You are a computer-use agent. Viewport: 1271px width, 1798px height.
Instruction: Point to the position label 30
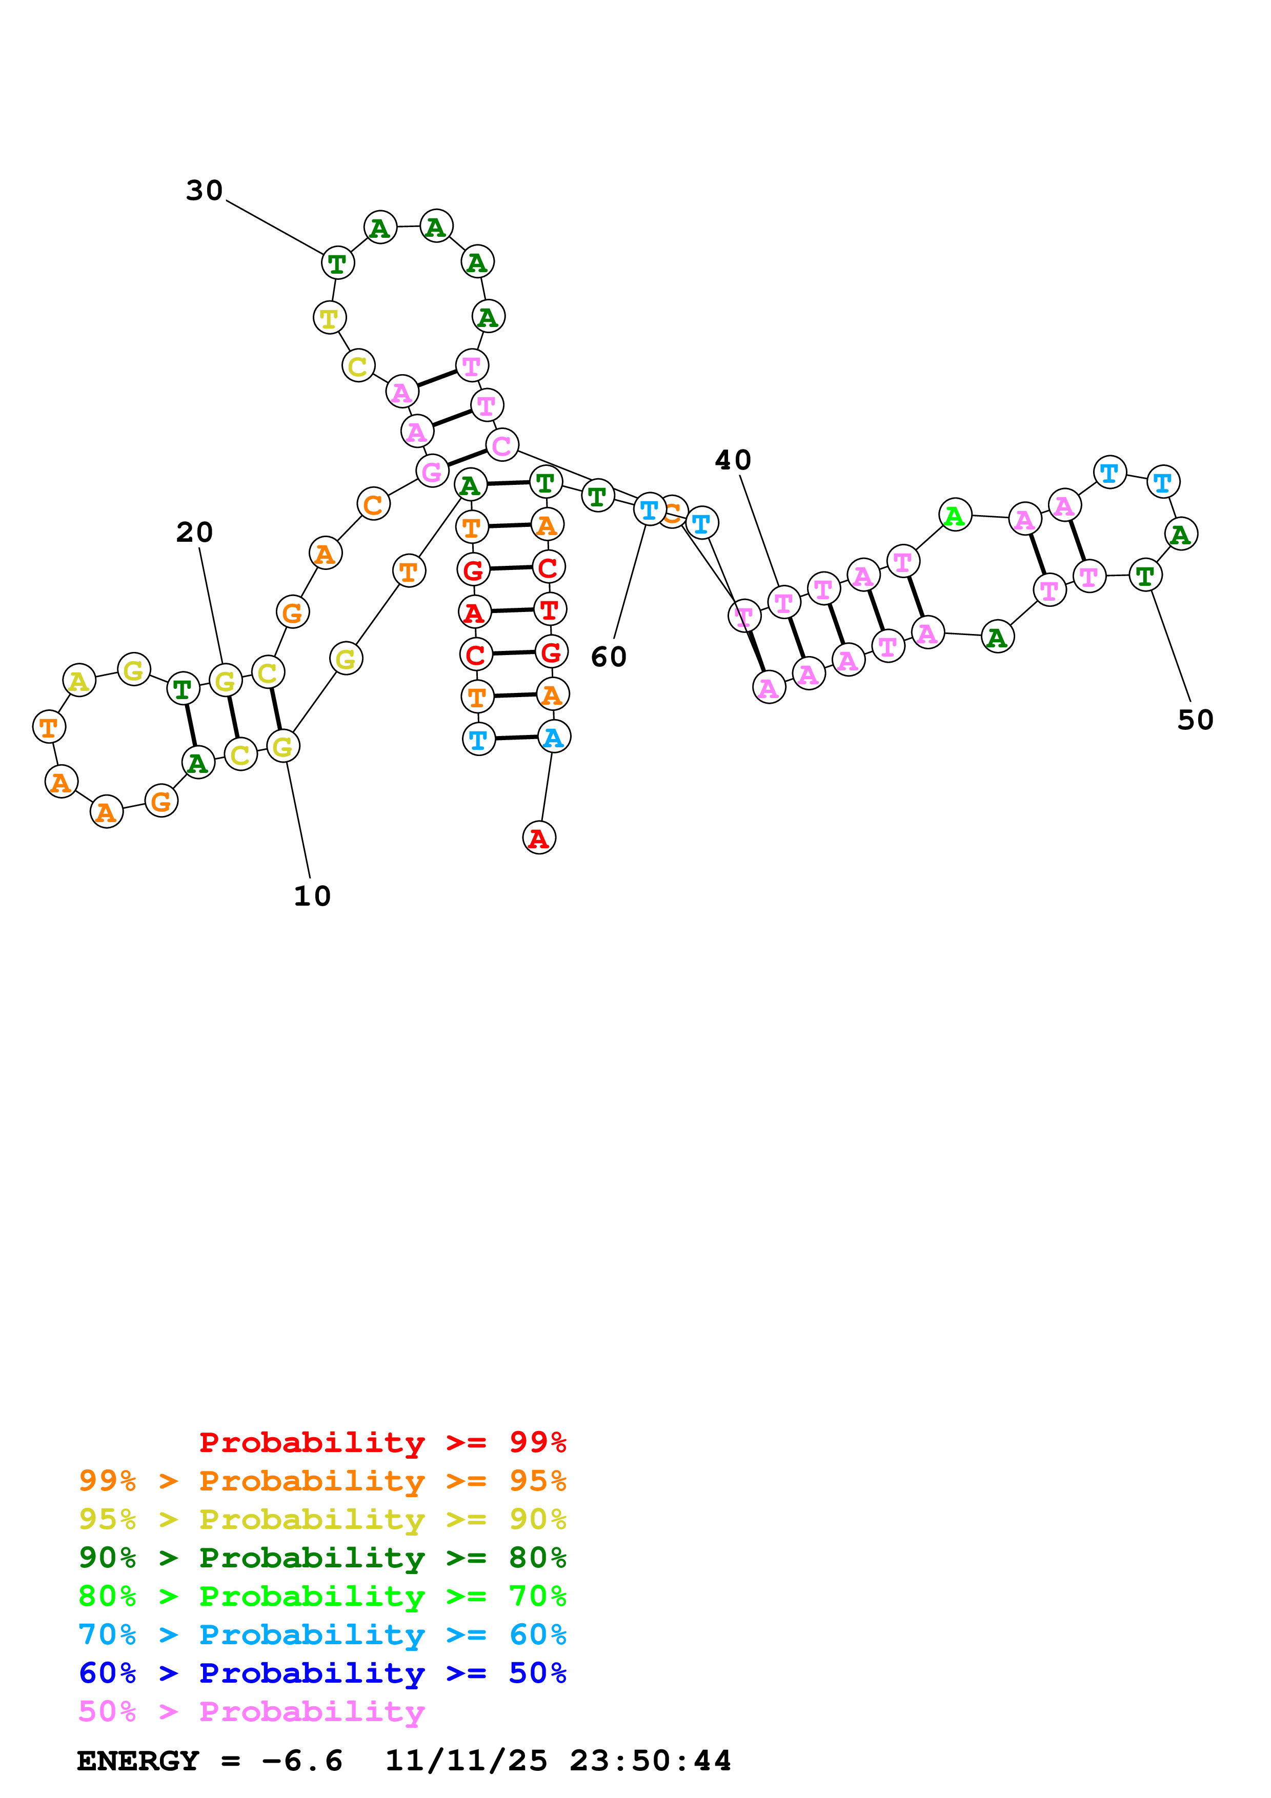click(205, 190)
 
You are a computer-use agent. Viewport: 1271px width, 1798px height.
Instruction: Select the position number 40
click(733, 460)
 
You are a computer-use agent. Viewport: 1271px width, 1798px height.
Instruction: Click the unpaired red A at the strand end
click(539, 838)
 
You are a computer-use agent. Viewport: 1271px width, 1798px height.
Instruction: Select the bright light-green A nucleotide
click(955, 515)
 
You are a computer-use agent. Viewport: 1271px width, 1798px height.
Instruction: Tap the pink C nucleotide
click(502, 445)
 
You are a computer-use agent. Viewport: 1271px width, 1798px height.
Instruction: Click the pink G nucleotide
click(432, 472)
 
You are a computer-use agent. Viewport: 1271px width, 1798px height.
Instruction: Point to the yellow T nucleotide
click(330, 318)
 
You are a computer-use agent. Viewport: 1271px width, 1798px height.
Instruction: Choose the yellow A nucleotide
click(79, 681)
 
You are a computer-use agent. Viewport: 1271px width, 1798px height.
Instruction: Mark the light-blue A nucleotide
click(554, 737)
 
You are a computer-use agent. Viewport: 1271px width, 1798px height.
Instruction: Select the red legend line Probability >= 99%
click(382, 1442)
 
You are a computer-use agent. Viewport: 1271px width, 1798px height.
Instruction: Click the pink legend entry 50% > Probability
click(251, 1711)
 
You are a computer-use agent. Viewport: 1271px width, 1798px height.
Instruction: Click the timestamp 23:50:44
click(650, 1761)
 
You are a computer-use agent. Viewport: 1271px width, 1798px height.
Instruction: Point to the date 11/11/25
click(466, 1761)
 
